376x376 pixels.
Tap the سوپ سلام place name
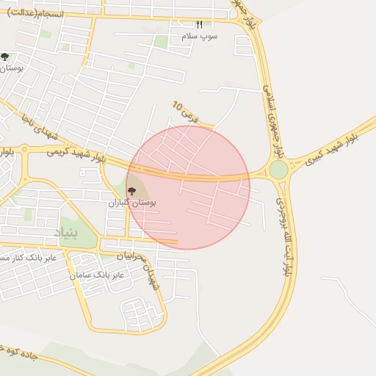point(199,35)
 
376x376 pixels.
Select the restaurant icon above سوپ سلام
point(199,25)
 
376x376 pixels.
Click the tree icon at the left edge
point(5,57)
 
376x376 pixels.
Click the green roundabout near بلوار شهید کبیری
point(278,170)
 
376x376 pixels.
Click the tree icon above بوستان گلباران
point(131,191)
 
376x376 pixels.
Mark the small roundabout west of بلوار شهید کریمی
point(23,150)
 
